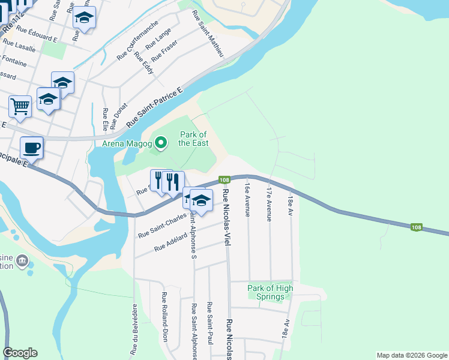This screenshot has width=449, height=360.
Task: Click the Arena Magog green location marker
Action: click(x=160, y=143)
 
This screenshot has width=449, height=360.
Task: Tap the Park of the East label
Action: click(x=193, y=139)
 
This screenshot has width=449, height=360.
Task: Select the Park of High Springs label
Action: click(x=270, y=292)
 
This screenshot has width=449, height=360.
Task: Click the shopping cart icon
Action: click(x=20, y=107)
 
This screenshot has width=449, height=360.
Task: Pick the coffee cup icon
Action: click(x=31, y=148)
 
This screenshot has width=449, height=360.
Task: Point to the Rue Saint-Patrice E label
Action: click(x=154, y=107)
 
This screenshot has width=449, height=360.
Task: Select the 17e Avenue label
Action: click(x=270, y=204)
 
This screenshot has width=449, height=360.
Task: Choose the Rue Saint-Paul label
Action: click(x=209, y=323)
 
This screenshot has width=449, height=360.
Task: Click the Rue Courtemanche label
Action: click(x=137, y=40)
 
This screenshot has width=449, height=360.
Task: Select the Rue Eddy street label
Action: click(x=145, y=62)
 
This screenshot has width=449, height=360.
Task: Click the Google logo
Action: click(x=20, y=353)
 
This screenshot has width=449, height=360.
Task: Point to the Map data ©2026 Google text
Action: click(x=411, y=355)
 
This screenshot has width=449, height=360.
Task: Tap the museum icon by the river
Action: click(x=22, y=262)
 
